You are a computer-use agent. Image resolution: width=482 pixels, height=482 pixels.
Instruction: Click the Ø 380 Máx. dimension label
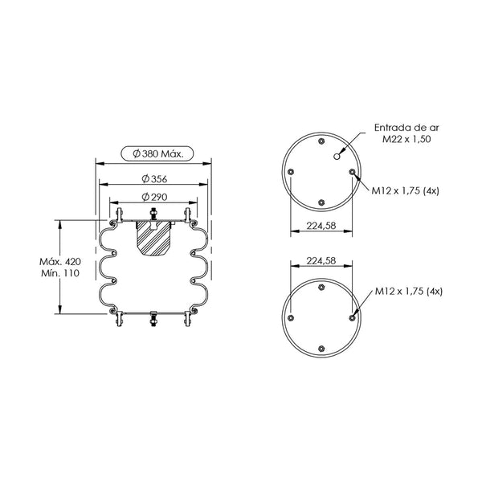pyautogui.click(x=157, y=153)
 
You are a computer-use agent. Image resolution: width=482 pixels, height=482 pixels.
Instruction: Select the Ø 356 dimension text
pyautogui.click(x=154, y=178)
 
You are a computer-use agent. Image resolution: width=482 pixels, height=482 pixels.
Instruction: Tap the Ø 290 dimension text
pyautogui.click(x=154, y=197)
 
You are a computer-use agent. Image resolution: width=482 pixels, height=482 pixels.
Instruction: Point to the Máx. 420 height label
pyautogui.click(x=60, y=262)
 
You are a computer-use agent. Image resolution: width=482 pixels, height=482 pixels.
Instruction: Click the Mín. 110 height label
pyautogui.click(x=60, y=273)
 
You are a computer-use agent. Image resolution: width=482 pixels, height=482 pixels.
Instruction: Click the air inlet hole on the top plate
pyautogui.click(x=337, y=157)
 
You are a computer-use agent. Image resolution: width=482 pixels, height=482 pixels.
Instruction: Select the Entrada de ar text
pyautogui.click(x=406, y=128)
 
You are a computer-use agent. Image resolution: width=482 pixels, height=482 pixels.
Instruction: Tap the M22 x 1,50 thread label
pyautogui.click(x=406, y=139)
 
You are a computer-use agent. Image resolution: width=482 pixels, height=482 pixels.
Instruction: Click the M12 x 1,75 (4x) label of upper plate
pyautogui.click(x=405, y=191)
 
